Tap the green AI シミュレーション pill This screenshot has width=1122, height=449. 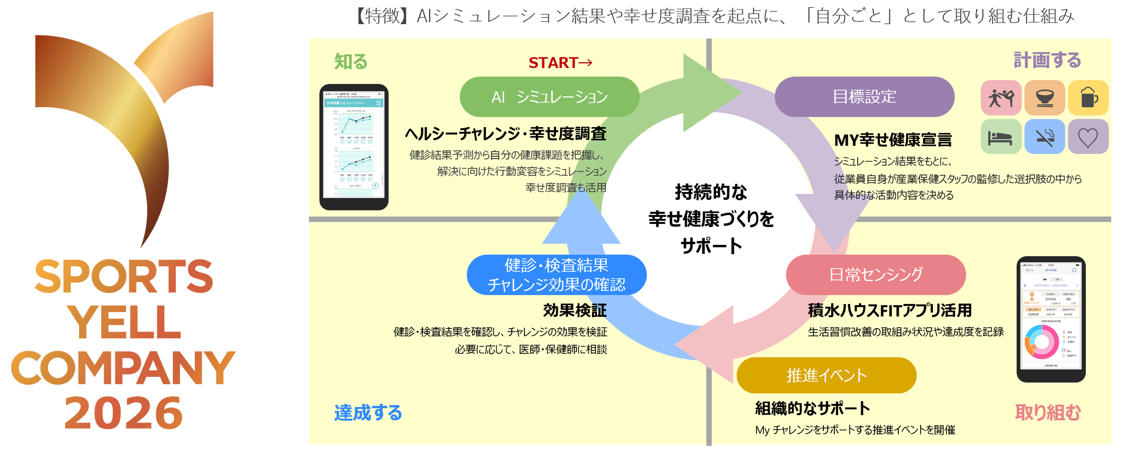(549, 97)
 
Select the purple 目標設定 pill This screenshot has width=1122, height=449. (864, 97)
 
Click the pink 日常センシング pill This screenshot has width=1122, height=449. (875, 274)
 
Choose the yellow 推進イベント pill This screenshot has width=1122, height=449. (826, 375)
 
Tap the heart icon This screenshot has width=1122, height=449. (1087, 137)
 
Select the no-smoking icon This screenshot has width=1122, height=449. (1045, 137)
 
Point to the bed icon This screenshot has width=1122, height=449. (1000, 137)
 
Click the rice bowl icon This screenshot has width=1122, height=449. (1045, 97)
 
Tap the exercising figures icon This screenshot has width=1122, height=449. (1000, 97)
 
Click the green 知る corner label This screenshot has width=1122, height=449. (351, 61)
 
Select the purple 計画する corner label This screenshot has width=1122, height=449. (1047, 60)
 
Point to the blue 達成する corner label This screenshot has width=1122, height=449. (368, 412)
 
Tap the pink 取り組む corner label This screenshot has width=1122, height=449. (1047, 412)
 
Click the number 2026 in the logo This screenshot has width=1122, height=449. (123, 412)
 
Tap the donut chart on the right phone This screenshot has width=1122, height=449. (1042, 342)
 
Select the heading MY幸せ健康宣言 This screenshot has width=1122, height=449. (893, 140)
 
